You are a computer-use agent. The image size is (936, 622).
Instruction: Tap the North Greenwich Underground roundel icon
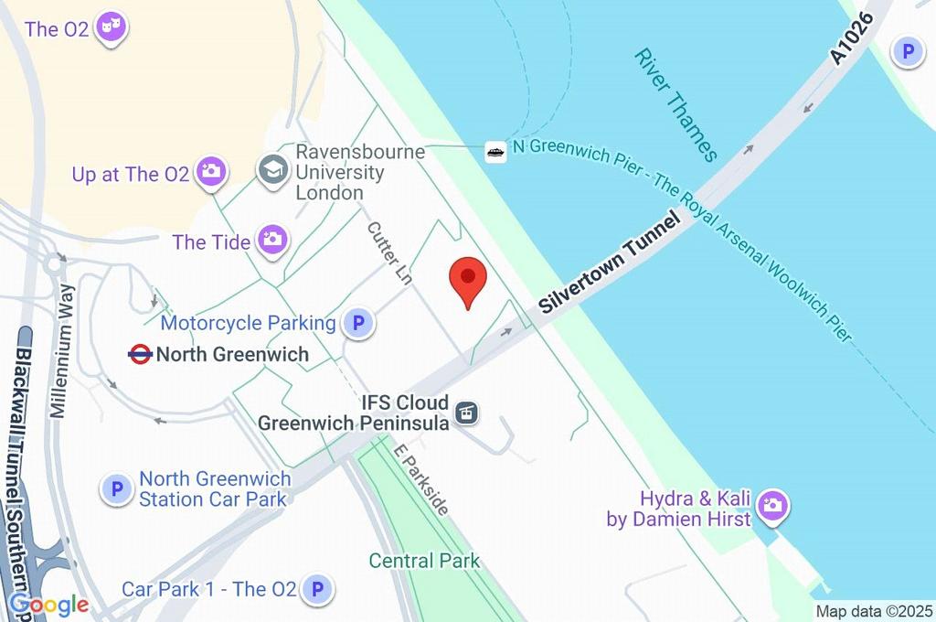140,354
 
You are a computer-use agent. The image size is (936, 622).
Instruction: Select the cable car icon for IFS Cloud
467,413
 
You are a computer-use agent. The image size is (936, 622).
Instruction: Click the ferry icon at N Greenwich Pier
495,152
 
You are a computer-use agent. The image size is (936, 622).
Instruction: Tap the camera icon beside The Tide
272,241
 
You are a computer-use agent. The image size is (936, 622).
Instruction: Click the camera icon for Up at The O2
212,171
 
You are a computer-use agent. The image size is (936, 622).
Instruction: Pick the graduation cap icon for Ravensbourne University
272,171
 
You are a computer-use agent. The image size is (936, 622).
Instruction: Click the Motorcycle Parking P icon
358,323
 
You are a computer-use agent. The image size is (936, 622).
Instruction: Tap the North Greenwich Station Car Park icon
117,489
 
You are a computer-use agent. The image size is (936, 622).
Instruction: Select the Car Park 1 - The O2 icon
317,589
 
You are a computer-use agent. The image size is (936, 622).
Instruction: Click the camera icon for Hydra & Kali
773,505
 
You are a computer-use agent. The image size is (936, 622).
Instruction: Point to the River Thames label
675,104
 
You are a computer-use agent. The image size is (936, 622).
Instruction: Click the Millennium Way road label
69,350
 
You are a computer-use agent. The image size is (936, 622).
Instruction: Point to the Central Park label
424,561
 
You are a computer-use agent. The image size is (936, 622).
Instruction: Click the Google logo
49,605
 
